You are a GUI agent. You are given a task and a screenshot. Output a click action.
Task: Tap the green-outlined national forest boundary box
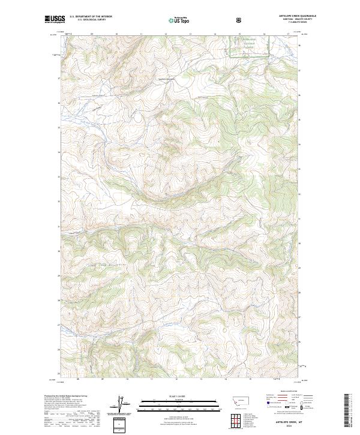click(x=250, y=46)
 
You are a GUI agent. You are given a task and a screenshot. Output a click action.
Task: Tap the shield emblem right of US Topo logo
click(x=239, y=20)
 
